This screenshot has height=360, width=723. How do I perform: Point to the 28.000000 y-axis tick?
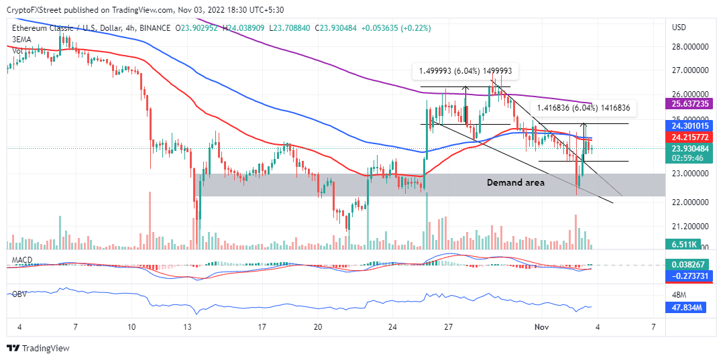691,46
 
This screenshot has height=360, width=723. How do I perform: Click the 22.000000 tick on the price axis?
691,202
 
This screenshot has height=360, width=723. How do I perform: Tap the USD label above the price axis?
679,27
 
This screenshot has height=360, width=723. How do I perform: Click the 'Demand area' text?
515,182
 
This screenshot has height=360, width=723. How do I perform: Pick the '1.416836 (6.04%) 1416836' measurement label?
583,107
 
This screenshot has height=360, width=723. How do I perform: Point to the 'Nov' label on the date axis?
541,326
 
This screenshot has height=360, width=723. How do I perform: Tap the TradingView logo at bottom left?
38,349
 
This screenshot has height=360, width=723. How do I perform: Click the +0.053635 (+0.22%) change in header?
396,28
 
